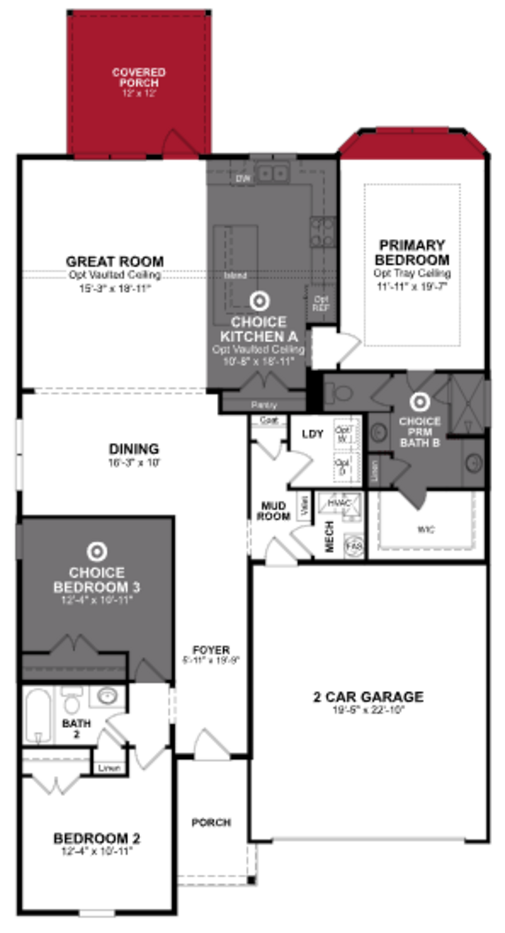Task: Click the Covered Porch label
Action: (x=139, y=77)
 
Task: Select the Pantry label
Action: (x=264, y=405)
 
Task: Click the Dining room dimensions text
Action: (x=134, y=463)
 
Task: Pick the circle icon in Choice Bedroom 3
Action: (x=97, y=552)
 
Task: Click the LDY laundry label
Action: (x=312, y=434)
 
